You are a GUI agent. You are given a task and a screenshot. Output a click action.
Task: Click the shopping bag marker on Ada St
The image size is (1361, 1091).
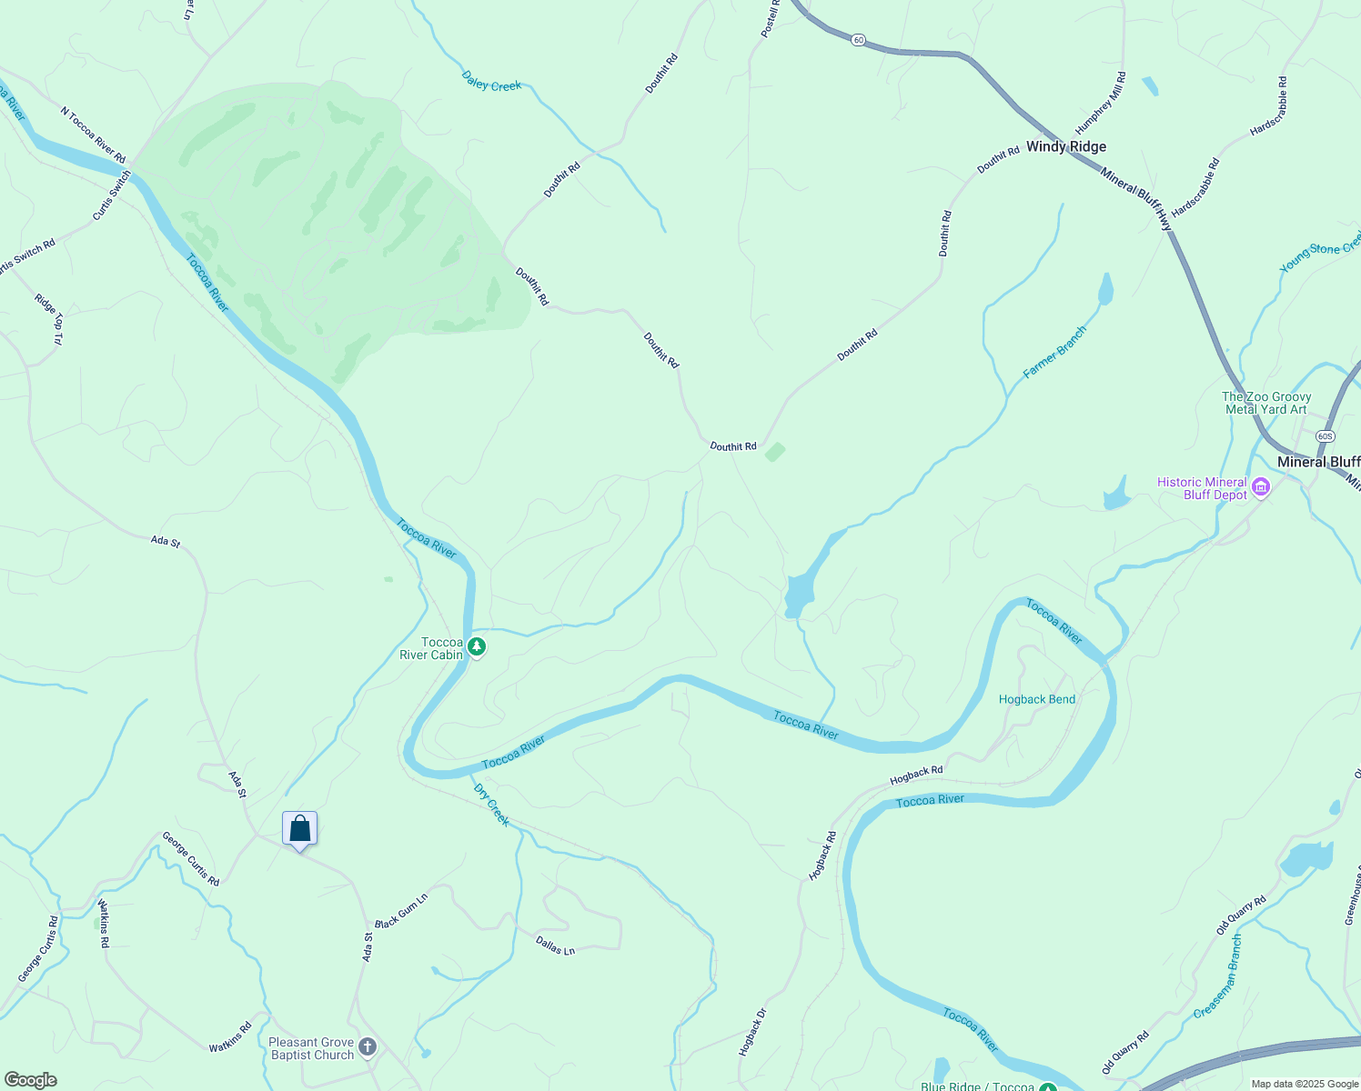point(299,829)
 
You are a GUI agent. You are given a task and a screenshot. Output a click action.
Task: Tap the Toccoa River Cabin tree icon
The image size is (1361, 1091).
point(477,647)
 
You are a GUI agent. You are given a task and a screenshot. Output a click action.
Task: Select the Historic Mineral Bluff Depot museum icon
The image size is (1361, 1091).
point(1261,488)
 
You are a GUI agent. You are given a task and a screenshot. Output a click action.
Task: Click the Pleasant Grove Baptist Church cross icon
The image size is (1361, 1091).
point(368,1047)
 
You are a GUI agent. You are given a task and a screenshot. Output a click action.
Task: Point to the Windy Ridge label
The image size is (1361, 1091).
point(1066,146)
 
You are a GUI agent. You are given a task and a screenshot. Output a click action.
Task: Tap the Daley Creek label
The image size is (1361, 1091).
point(491,82)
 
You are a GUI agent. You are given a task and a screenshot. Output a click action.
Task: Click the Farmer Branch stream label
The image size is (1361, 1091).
point(1054,352)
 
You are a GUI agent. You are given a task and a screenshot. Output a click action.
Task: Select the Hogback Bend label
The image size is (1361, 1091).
point(1036,699)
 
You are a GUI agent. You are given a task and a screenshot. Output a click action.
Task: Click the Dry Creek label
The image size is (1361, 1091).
point(492,805)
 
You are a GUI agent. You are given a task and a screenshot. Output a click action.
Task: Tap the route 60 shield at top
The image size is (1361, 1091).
point(859,40)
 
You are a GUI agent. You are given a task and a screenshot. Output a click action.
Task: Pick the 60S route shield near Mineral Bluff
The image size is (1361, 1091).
point(1325,436)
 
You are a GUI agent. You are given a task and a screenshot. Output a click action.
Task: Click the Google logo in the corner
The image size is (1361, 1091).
point(30,1080)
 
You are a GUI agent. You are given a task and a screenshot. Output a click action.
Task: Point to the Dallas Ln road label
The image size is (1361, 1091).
point(555,946)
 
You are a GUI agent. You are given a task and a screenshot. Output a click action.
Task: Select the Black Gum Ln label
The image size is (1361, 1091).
point(401,911)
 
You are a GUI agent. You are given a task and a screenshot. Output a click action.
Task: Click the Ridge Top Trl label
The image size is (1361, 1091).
point(49,318)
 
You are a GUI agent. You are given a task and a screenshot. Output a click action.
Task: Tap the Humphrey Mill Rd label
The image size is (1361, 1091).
point(1101,104)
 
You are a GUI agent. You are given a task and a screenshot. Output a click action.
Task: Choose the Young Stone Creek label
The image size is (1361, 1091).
point(1320,251)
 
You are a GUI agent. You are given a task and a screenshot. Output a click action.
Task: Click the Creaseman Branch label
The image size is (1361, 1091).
point(1217,976)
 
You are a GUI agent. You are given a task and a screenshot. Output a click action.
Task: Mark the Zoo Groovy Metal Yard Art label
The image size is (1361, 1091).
point(1265,403)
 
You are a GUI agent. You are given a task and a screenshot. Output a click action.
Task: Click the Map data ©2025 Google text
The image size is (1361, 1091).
point(1304,1084)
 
